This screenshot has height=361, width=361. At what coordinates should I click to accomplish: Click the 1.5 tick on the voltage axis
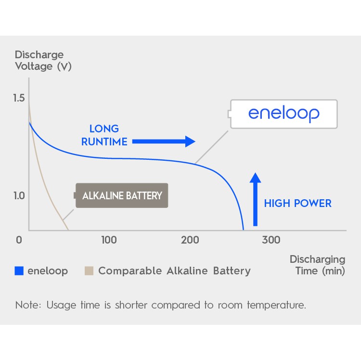[19, 98]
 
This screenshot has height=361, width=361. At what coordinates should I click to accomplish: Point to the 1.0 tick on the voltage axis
[19, 196]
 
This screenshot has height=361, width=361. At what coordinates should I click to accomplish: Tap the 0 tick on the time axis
[19, 240]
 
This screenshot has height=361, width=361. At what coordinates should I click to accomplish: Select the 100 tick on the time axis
[109, 240]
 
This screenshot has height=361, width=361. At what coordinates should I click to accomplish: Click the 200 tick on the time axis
[190, 240]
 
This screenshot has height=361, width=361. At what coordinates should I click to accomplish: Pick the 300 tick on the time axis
[271, 240]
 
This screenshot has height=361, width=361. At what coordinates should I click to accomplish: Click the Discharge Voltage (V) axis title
[43, 61]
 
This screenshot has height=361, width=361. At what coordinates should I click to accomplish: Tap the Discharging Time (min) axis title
[318, 265]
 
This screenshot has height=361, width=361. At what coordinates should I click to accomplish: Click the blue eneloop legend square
[19, 271]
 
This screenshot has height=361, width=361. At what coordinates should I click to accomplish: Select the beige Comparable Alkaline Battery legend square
[89, 271]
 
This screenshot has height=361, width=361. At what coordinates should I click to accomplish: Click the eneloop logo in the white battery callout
[284, 114]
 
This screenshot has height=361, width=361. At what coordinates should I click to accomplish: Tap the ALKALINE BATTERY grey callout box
[122, 195]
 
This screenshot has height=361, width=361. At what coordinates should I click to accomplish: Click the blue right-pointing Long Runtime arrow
[164, 142]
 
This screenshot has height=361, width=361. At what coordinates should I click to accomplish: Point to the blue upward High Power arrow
[255, 199]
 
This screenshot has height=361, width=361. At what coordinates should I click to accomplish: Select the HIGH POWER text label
[297, 203]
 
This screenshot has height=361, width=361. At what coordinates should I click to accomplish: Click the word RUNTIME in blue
[104, 142]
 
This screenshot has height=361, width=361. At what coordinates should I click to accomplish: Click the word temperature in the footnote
[276, 305]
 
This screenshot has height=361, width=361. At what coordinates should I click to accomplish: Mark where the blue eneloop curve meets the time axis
[244, 230]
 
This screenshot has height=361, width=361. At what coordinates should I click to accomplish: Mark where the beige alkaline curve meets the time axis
[68, 230]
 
